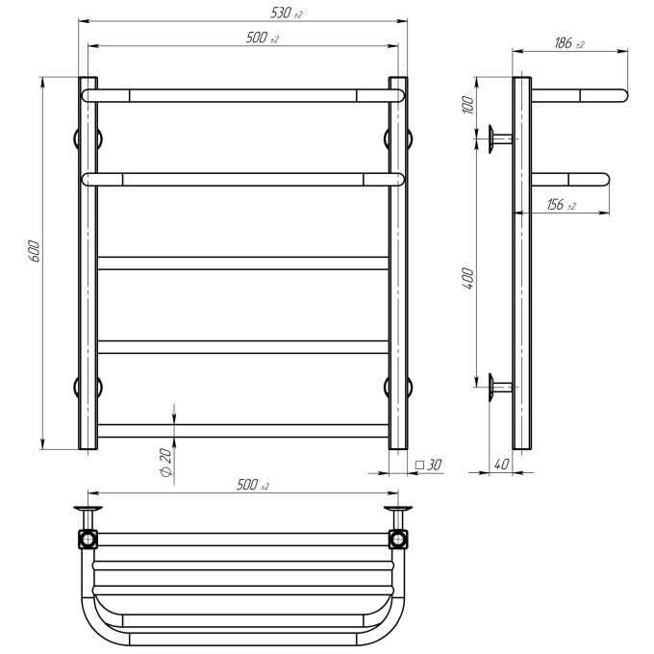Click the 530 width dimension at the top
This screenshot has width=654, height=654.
[x=287, y=13]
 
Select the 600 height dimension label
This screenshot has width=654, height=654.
[x=35, y=251]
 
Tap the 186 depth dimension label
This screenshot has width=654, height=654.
[x=569, y=43]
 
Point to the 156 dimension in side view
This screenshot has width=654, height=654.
[x=561, y=204]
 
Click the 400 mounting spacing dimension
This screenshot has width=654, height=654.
[x=468, y=279]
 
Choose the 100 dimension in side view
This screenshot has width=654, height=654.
[x=468, y=105]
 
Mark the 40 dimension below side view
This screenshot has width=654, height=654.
[x=501, y=464]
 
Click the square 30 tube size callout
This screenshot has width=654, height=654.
[x=428, y=465]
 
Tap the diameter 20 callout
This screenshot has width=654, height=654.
[x=165, y=463]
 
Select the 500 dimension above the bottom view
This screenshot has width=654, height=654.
[x=253, y=485]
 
